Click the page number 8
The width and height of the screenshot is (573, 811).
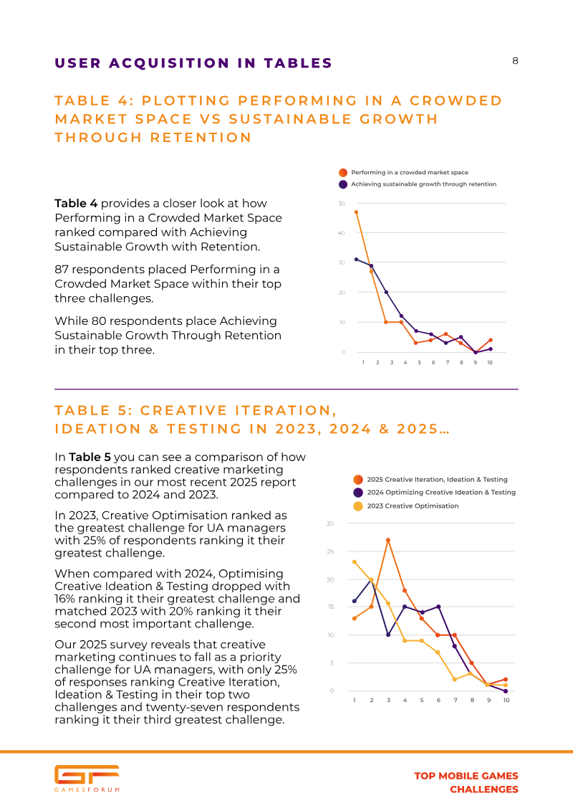click(514, 61)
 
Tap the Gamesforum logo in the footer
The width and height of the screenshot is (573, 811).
click(87, 778)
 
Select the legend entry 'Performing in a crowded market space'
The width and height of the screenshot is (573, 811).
click(408, 173)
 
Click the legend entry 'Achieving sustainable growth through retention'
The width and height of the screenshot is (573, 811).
click(423, 184)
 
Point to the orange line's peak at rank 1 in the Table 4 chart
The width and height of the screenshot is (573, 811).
click(356, 212)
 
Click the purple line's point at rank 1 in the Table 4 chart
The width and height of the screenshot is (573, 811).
click(356, 259)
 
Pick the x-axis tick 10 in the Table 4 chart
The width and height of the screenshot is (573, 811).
click(490, 363)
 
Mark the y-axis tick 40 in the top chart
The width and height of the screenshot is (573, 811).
click(342, 233)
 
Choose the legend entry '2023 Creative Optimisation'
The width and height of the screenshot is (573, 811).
click(411, 506)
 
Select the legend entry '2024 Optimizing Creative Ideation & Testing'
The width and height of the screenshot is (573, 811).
click(440, 493)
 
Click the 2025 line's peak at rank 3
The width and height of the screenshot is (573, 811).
click(388, 540)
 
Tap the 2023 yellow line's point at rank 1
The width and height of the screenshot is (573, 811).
click(355, 562)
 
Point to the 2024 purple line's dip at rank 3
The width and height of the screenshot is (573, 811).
click(388, 635)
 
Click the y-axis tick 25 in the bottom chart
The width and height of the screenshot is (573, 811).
click(330, 551)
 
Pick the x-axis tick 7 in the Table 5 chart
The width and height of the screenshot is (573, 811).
click(455, 700)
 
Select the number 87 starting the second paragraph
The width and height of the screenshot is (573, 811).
click(62, 270)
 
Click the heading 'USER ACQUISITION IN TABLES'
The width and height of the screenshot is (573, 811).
click(193, 63)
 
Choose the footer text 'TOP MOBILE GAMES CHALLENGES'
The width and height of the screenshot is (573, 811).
click(466, 782)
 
